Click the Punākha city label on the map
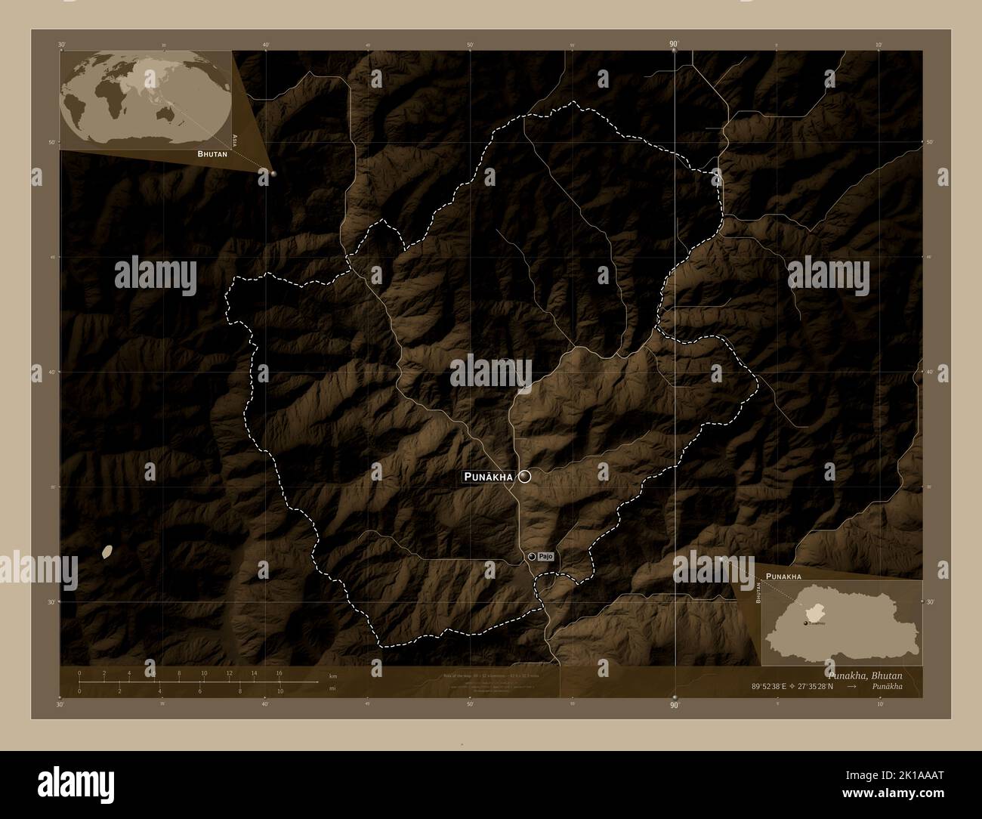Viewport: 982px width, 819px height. pos(488,477)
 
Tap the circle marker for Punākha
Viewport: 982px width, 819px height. pos(524,476)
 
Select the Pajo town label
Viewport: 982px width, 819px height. pos(547,556)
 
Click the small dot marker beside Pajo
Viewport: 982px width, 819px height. pos(532,557)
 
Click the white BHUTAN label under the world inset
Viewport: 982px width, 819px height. pos(213,153)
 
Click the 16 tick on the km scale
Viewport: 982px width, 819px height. pos(279,673)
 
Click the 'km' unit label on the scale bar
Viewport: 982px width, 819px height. pos(333,675)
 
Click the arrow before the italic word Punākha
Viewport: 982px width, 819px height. pos(852,687)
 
